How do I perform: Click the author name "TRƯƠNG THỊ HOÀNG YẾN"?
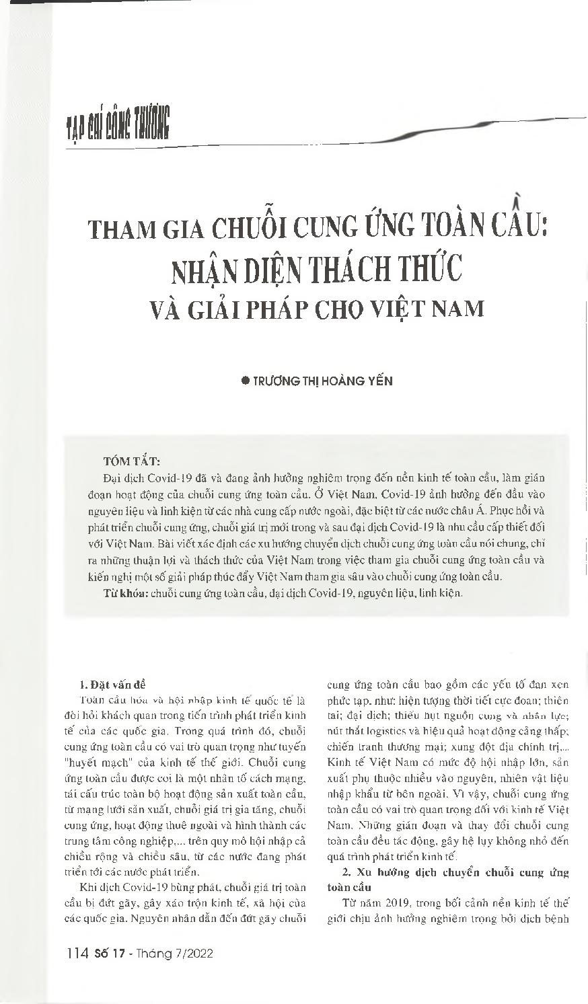pos(322,381)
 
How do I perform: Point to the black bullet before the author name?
pos(245,381)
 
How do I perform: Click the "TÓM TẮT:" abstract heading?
pos(131,461)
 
